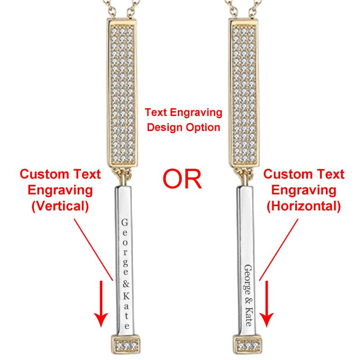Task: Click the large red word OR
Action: point(182,179)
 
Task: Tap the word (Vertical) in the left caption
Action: point(60,206)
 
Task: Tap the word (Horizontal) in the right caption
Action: point(303,206)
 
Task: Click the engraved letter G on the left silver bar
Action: point(125,222)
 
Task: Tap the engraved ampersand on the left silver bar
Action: point(126,284)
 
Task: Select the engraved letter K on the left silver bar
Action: point(126,296)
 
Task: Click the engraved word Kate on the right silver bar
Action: point(249,316)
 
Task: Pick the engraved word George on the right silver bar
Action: point(247,280)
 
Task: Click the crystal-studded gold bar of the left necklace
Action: point(122,93)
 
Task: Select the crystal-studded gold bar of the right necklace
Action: point(244,93)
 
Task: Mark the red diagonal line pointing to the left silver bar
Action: point(94,250)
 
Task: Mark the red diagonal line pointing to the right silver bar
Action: point(279,250)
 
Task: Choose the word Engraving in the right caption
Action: point(304,190)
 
